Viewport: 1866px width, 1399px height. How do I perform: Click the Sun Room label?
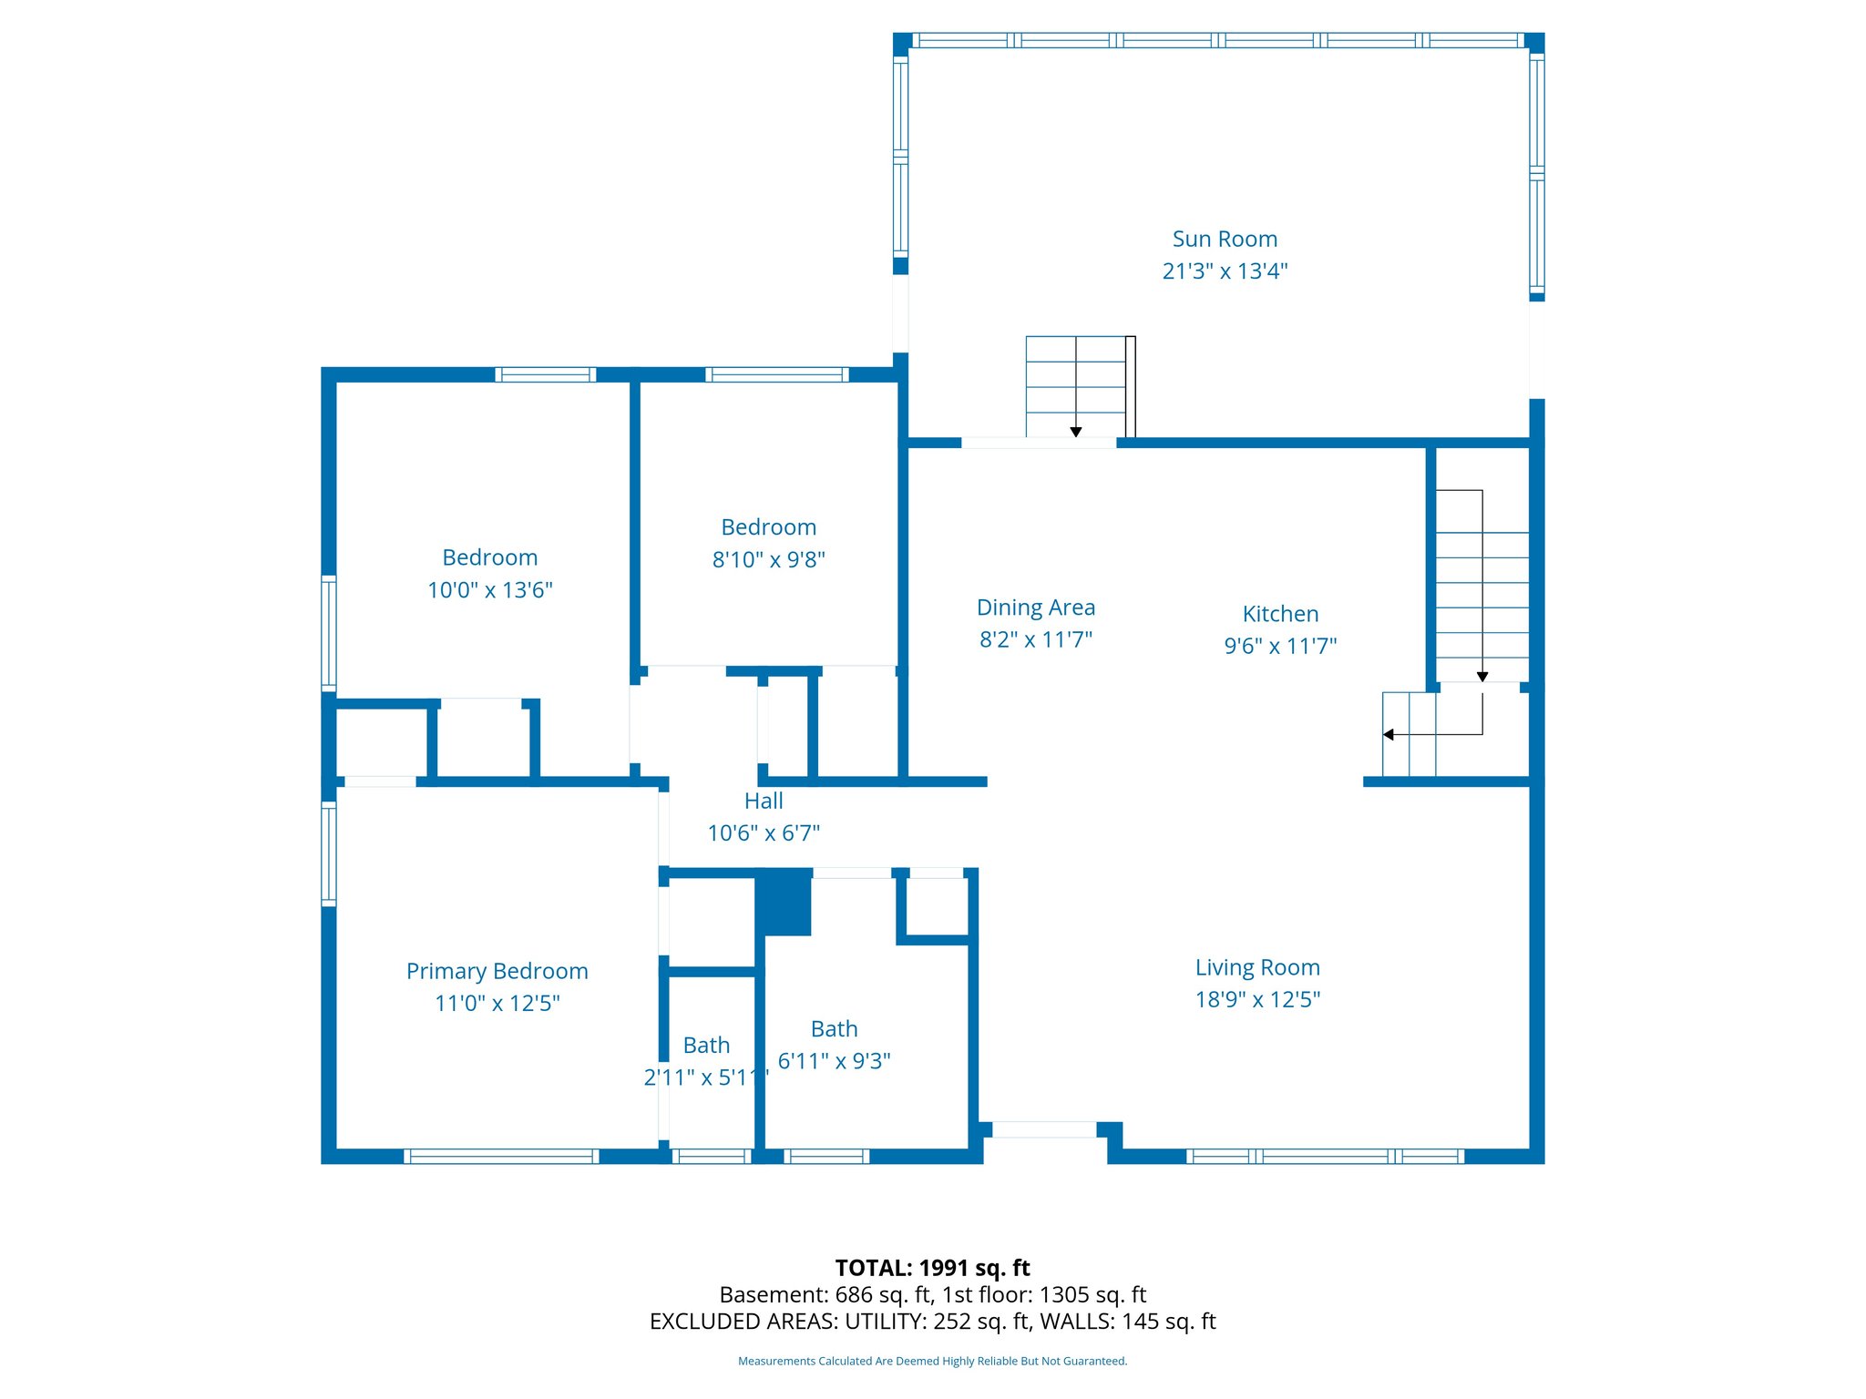(1225, 239)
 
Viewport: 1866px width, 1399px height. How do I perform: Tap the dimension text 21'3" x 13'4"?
(1225, 271)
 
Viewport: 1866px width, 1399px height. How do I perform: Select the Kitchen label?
(1280, 614)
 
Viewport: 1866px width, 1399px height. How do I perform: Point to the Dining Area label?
(1036, 608)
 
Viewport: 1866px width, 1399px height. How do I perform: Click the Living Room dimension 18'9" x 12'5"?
(1257, 1000)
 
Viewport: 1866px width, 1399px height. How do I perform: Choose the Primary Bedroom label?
(497, 971)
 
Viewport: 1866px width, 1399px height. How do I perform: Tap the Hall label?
(764, 801)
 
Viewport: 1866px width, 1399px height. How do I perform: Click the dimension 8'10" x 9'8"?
(768, 559)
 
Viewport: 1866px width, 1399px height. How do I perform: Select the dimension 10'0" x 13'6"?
(490, 590)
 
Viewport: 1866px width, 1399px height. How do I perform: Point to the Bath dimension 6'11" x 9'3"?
(834, 1061)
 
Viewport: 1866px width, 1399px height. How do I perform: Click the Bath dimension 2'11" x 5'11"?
(706, 1077)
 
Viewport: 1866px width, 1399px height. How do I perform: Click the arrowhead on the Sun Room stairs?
(1076, 432)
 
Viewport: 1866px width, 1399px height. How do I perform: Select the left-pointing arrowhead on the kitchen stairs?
(1389, 734)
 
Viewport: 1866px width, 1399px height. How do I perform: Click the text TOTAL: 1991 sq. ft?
(932, 1268)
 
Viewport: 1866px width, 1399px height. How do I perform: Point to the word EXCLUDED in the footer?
(698, 1322)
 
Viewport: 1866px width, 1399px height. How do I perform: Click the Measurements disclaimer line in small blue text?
(932, 1361)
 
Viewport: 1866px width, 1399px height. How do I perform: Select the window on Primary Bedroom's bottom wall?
(501, 1156)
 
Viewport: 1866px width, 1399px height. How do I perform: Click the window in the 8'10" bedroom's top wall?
(777, 374)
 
